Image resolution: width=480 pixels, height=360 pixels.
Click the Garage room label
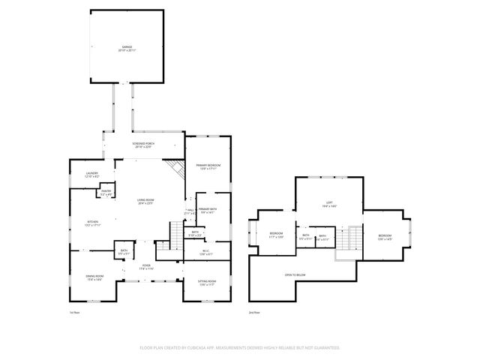[x=127, y=49]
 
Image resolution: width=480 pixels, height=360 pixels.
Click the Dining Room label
[x=94, y=279]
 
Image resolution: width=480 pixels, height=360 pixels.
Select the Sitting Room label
[x=207, y=283]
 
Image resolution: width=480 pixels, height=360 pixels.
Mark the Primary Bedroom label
[x=208, y=166]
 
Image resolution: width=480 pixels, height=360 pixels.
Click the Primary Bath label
[x=208, y=211]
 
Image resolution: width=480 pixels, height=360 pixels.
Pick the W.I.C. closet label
[x=206, y=253]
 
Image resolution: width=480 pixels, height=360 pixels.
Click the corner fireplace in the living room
[x=177, y=168]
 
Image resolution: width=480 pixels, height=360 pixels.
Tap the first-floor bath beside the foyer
[x=124, y=252]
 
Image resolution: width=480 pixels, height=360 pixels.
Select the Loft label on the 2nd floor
[x=328, y=204]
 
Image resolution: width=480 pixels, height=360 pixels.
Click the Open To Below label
[x=294, y=275]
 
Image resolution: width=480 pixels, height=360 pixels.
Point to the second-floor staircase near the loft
[x=349, y=240]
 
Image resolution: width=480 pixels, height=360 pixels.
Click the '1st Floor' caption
[x=74, y=312]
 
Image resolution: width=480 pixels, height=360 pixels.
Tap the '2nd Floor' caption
[x=254, y=312]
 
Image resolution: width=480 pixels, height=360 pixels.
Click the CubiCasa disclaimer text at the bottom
[x=240, y=348]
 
